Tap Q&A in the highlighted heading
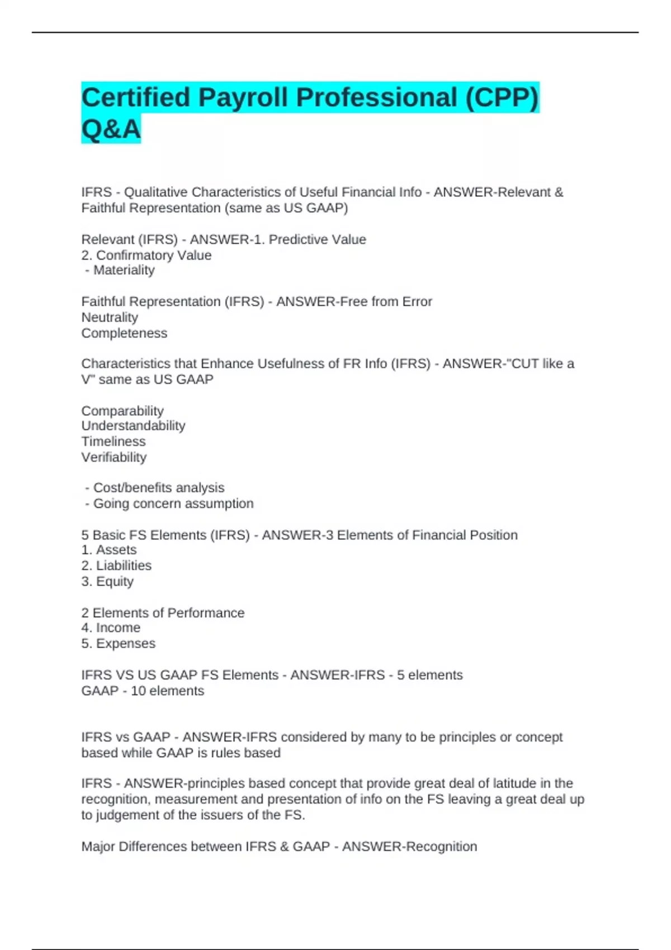[111, 129]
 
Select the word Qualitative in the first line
[155, 192]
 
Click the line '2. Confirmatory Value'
[147, 255]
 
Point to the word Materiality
[124, 270]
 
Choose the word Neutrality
[110, 317]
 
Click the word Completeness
[124, 333]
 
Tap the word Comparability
[122, 411]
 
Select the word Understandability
[133, 426]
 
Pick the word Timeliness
[114, 441]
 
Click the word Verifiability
[114, 457]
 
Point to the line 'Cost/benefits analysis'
[158, 488]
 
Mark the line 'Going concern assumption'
[173, 503]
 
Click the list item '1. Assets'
[109, 550]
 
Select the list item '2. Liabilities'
[116, 566]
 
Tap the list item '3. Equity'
[107, 581]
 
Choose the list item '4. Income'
[111, 628]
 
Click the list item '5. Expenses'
[119, 643]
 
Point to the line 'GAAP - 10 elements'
[143, 691]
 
